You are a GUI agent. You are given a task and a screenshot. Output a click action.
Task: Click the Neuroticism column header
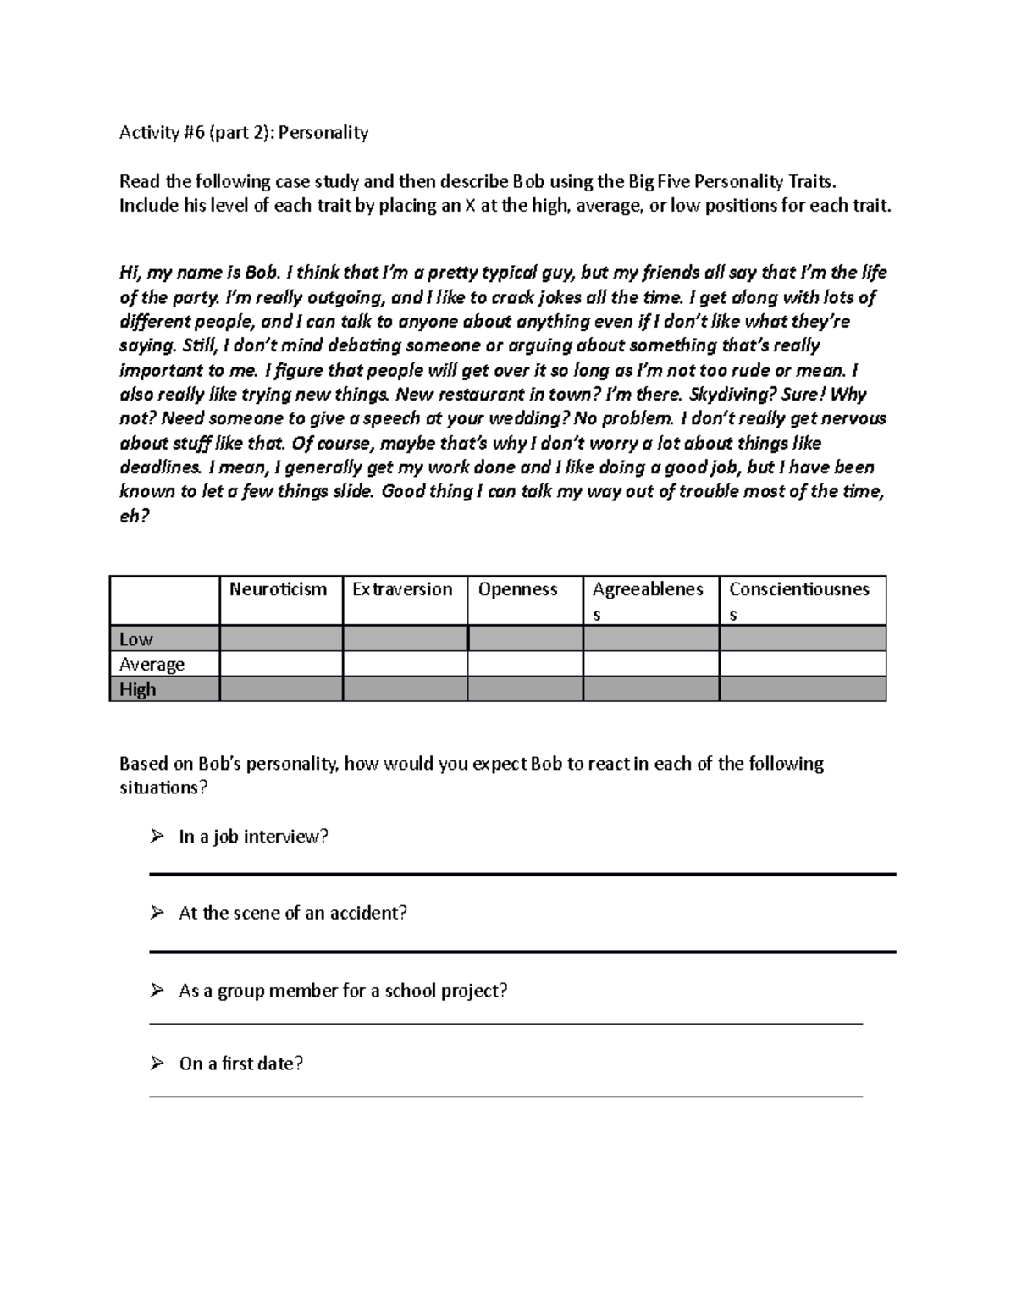278,589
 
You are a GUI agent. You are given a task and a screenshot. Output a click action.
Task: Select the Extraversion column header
402,589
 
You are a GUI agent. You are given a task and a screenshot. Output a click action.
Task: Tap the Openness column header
517,589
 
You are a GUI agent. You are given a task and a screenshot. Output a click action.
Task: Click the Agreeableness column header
648,600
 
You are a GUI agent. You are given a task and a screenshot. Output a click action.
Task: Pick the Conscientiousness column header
799,600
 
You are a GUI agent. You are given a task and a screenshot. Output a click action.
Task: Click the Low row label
136,639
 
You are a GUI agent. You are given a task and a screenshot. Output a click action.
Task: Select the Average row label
152,665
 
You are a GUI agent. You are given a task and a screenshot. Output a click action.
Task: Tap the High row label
138,689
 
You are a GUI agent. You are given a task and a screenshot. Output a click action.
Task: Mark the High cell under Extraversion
405,689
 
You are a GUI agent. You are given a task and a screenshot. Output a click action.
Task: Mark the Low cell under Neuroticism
281,638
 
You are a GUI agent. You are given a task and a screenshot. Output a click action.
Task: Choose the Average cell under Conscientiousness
803,664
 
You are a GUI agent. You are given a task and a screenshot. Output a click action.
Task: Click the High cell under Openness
525,689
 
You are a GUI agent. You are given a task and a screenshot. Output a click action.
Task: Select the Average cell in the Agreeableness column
651,664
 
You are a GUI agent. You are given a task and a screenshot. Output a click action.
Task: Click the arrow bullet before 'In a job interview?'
157,837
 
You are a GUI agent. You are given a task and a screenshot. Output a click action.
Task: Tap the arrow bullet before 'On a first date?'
157,1063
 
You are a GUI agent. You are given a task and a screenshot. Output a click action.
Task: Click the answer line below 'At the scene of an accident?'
522,952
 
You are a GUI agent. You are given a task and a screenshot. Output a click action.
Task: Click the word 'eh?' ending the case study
134,516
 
